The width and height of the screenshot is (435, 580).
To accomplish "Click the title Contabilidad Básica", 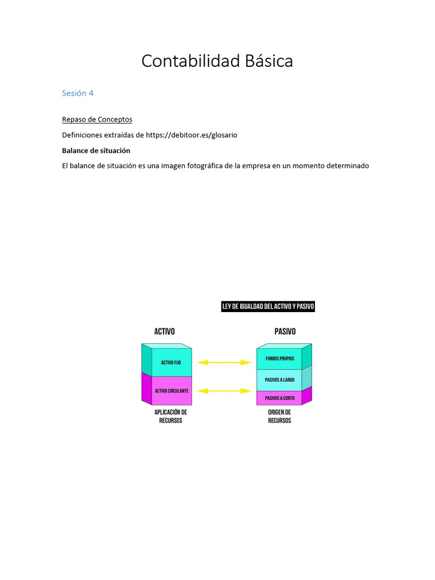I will (x=217, y=61).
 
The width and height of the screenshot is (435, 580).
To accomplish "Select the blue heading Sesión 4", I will (x=78, y=93).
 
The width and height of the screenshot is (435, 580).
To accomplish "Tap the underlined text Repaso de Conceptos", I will (x=97, y=120).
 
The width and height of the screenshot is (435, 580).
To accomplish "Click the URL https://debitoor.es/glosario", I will (x=191, y=135).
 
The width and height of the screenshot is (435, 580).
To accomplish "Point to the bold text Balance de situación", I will (x=96, y=151).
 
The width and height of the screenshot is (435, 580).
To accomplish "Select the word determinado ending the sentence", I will (x=344, y=166).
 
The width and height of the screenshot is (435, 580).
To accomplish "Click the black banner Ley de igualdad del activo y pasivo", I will (x=268, y=307).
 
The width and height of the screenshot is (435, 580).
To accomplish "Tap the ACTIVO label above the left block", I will (x=164, y=331).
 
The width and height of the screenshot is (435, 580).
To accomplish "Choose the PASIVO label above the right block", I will (x=285, y=331).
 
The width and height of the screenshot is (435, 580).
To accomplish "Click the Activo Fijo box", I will (x=171, y=362).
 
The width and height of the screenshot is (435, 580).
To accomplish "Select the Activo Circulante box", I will (x=171, y=391).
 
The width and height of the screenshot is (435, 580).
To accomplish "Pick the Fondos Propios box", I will (x=279, y=359).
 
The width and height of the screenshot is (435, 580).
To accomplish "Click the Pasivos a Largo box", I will (x=279, y=380).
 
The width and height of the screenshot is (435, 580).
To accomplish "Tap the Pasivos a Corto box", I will (x=279, y=398).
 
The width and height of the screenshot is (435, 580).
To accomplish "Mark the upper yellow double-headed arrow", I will (x=224, y=362).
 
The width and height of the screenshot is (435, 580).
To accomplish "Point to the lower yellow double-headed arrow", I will (x=224, y=391).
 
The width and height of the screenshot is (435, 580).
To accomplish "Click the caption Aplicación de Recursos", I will (x=170, y=417).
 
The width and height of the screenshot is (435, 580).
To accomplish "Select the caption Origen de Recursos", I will (x=279, y=417).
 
